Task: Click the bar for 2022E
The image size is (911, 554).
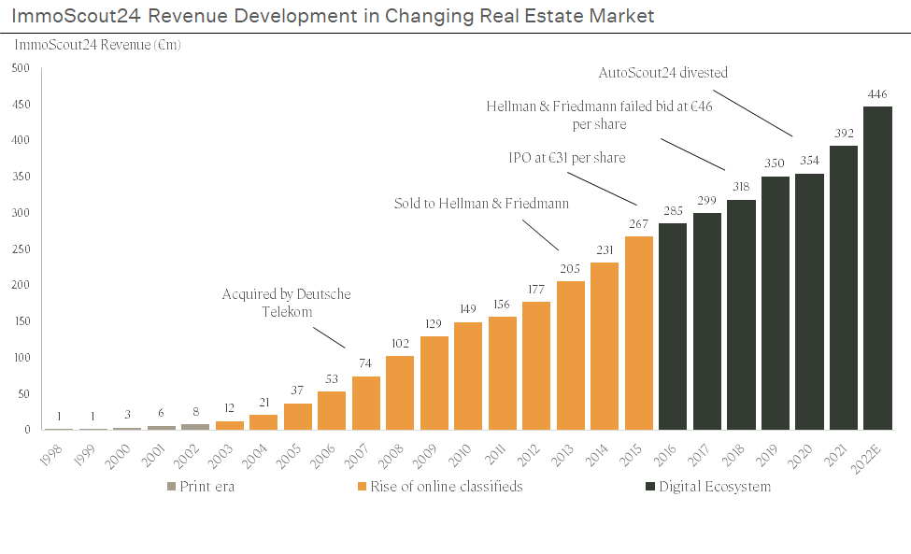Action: pos(877,268)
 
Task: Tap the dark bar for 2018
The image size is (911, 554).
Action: pos(741,315)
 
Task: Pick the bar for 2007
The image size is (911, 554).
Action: pos(366,403)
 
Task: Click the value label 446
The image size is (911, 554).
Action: pos(877,94)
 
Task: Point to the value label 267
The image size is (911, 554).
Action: pos(639,224)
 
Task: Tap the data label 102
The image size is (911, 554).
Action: pos(400,344)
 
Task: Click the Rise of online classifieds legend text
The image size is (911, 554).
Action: pos(446,487)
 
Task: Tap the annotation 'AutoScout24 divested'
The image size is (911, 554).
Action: pos(662,72)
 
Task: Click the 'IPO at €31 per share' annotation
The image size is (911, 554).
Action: pos(561,158)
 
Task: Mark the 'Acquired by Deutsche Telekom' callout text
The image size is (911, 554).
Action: pos(286,303)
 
